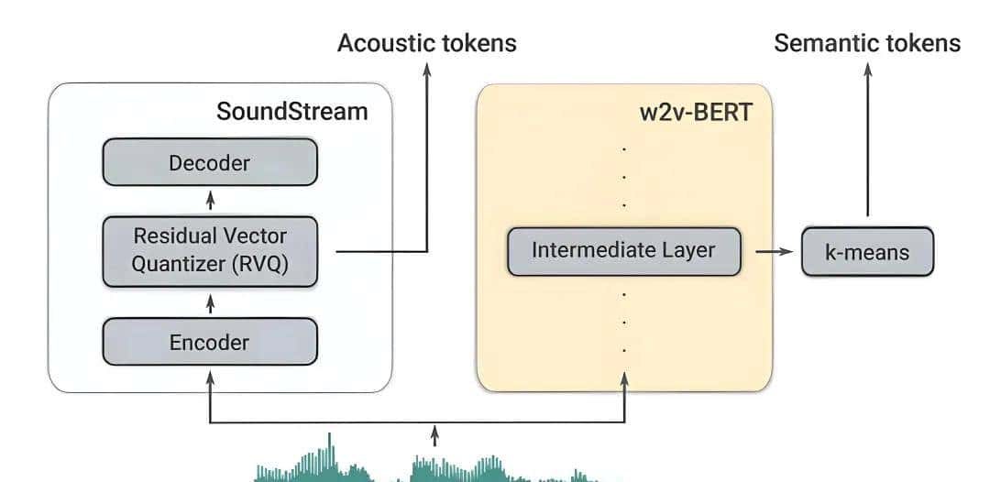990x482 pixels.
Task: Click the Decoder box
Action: pyautogui.click(x=210, y=163)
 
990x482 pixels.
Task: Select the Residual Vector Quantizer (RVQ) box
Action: pyautogui.click(x=210, y=249)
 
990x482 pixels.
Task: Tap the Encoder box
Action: pyautogui.click(x=210, y=343)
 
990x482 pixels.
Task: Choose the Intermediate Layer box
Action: pyautogui.click(x=623, y=250)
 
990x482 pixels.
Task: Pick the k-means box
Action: pyautogui.click(x=867, y=251)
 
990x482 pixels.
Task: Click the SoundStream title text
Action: pyautogui.click(x=291, y=112)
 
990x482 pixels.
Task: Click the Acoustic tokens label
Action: pyautogui.click(x=426, y=43)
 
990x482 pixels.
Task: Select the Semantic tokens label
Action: pyautogui.click(x=867, y=43)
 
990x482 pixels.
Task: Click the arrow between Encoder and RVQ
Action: pyautogui.click(x=211, y=302)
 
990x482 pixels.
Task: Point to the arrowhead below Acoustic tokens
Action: pyautogui.click(x=427, y=69)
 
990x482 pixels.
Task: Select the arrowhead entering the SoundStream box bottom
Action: pyautogui.click(x=211, y=376)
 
